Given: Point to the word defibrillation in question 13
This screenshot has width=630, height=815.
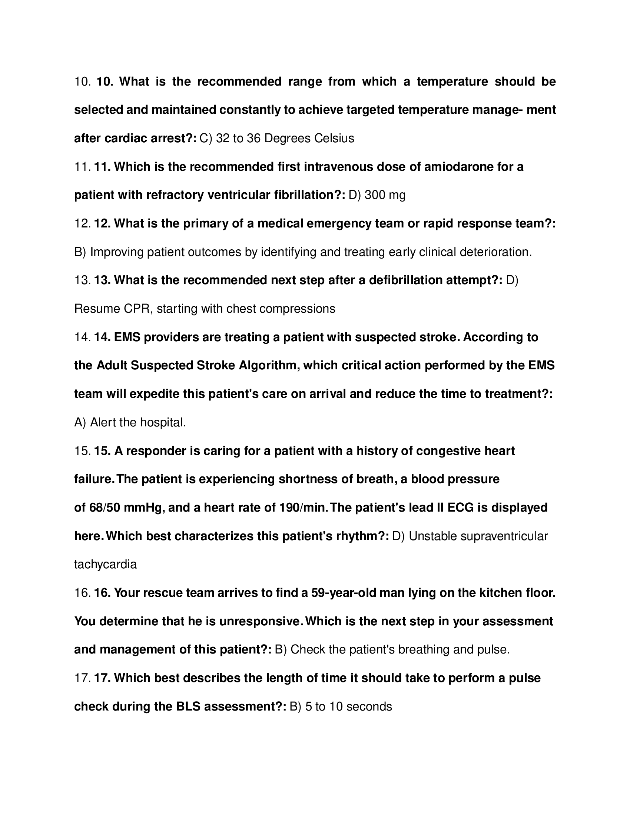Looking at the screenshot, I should pos(405,280).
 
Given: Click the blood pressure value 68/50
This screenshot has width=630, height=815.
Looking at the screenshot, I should pos(105,508).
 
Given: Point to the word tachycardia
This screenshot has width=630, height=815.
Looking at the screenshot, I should pos(105,565).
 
